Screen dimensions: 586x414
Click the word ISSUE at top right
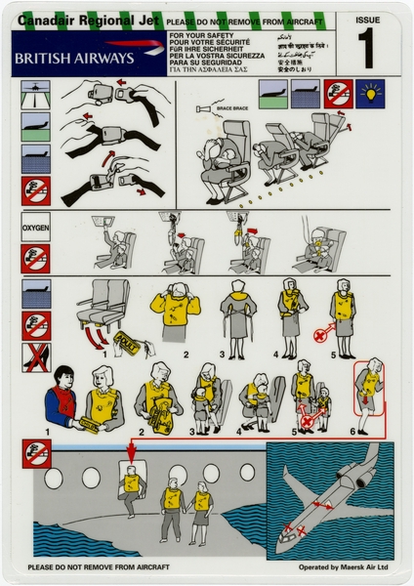pos(369,19)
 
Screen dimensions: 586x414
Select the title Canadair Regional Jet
pos(78,19)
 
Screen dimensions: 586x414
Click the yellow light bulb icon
pos(373,94)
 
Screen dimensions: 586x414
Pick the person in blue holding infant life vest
pos(65,395)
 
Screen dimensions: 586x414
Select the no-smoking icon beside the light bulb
pos(338,94)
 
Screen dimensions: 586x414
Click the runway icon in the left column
pos(36,95)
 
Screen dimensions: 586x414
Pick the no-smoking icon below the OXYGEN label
pos(36,259)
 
